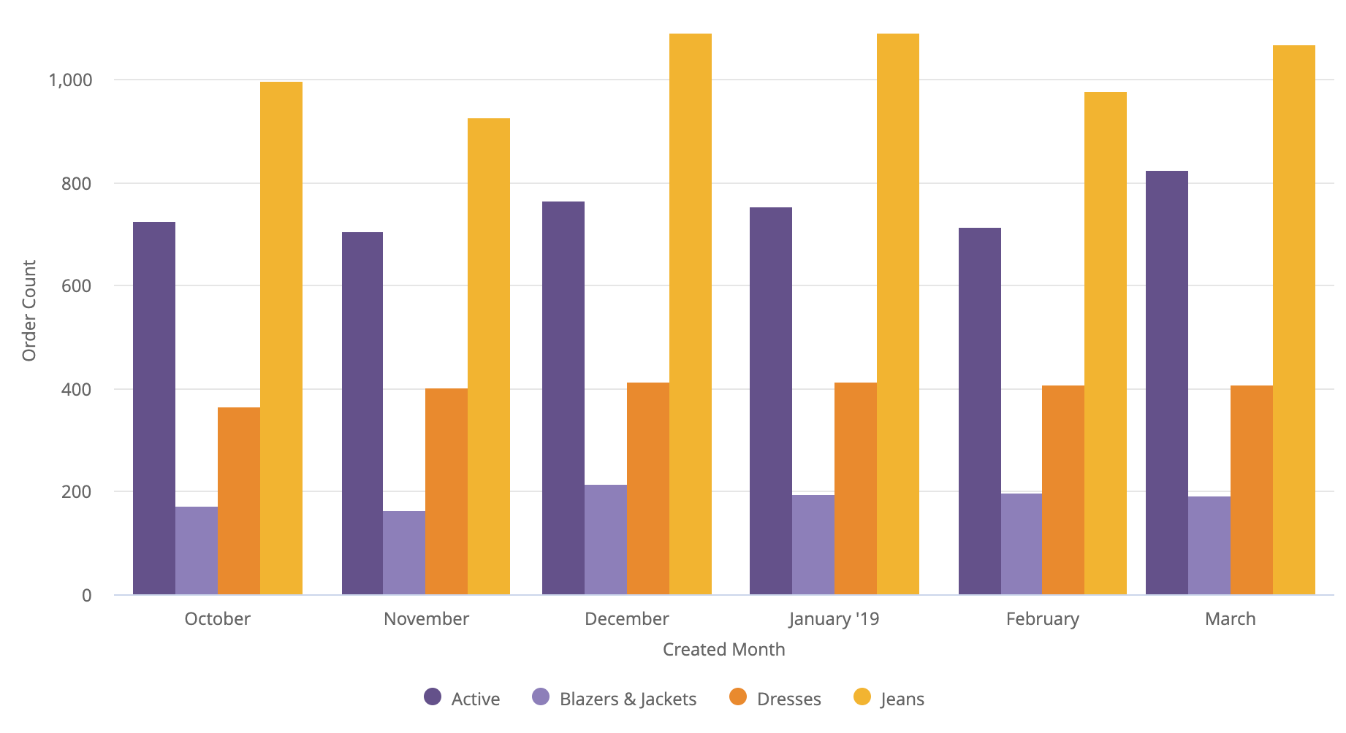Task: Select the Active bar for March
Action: (x=1167, y=383)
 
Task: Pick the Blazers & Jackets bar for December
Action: (x=606, y=540)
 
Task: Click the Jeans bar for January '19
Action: (x=898, y=314)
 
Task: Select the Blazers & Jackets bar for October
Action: (x=197, y=550)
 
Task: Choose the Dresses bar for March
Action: (x=1252, y=490)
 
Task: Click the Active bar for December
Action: (x=563, y=398)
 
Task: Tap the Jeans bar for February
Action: (x=1106, y=343)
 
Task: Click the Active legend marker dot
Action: (x=433, y=697)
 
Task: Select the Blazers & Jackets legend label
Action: (x=628, y=699)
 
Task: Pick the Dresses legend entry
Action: (x=775, y=699)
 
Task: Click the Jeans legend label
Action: (x=902, y=699)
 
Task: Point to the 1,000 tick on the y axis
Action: (x=70, y=80)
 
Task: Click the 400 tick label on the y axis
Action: (x=77, y=389)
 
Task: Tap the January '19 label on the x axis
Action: (x=834, y=619)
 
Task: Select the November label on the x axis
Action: (x=426, y=619)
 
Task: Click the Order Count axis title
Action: (x=29, y=310)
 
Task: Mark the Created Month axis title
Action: (x=723, y=650)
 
